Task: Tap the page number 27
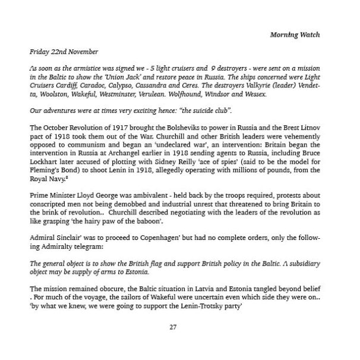pos(173,326)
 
